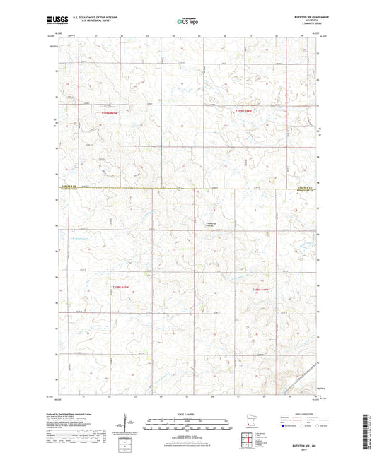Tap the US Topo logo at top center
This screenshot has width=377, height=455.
187,22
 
